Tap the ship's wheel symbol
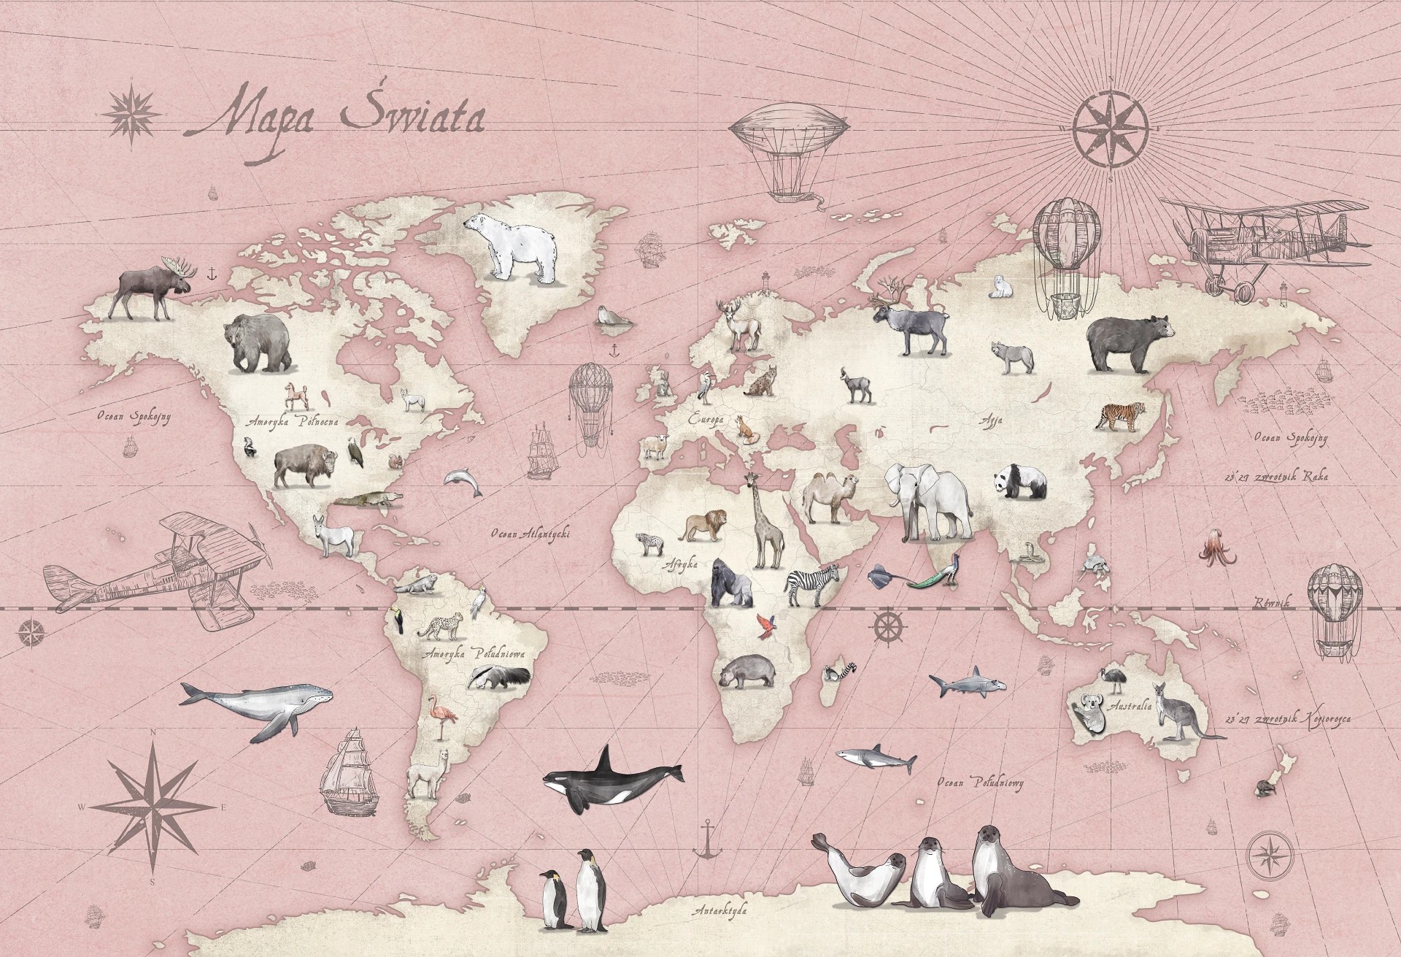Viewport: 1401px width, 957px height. [x=889, y=627]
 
